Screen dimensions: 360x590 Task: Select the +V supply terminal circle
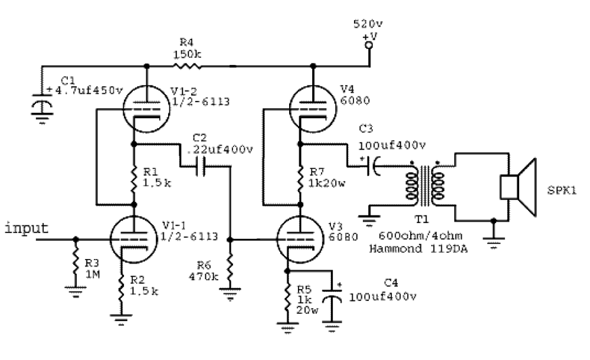tap(369, 44)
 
